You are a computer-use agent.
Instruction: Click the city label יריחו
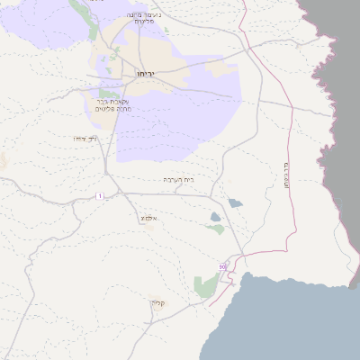146,73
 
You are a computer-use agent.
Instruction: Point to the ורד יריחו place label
85,139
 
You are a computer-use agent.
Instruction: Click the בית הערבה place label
178,180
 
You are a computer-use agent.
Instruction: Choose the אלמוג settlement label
148,219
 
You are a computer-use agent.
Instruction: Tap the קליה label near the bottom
157,303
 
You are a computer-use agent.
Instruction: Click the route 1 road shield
100,195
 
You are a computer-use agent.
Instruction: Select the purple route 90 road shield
222,266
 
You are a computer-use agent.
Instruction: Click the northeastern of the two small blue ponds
235,203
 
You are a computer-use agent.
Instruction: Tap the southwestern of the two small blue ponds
215,216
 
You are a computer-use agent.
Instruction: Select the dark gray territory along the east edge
337,135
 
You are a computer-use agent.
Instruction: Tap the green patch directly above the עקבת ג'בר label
108,94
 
